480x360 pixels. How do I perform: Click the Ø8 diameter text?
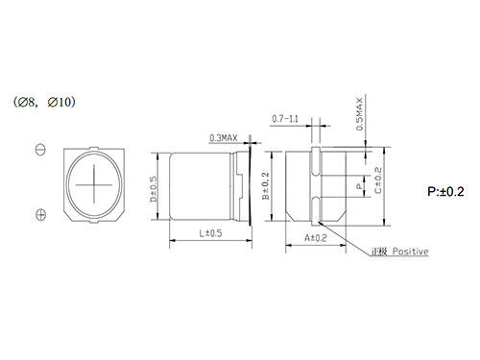26,103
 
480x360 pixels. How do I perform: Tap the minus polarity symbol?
40,150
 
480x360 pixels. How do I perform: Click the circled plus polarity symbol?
40,215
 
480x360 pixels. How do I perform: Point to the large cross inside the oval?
94,184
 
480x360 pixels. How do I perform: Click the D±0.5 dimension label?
154,189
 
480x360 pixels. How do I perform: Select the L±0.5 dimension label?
210,233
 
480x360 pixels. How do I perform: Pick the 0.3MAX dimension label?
224,138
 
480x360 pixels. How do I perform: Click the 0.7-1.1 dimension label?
285,119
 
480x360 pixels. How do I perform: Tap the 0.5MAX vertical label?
360,114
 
